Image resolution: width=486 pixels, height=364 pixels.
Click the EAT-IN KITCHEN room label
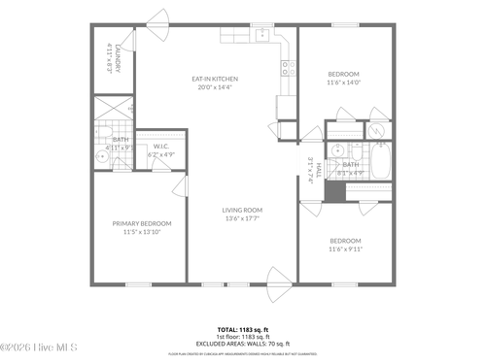click(x=219, y=79)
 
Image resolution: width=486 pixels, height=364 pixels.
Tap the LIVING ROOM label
click(x=242, y=210)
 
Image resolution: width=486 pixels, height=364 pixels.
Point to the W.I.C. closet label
click(x=160, y=146)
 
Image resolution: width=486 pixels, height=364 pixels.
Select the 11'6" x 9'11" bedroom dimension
click(x=344, y=248)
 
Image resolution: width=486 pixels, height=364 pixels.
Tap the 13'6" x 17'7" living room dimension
click(x=242, y=218)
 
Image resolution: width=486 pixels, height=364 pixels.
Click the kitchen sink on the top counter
click(x=261, y=34)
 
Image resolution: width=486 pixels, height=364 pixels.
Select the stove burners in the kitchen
click(x=289, y=67)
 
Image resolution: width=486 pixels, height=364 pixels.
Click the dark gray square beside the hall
click(x=335, y=191)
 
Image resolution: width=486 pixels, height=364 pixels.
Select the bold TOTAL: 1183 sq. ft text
click(x=242, y=329)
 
